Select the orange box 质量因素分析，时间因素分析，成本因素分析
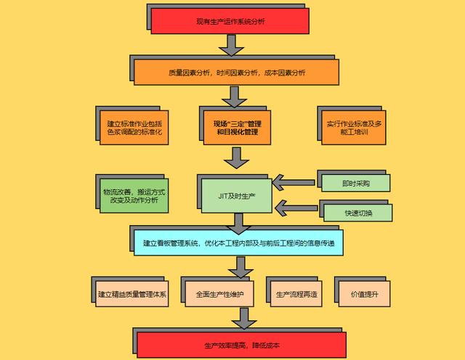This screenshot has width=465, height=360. [x=237, y=73]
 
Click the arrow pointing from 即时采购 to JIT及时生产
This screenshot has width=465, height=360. [x=291, y=181]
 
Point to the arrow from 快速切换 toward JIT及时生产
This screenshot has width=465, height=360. [x=291, y=210]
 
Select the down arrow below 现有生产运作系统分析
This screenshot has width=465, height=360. [x=231, y=45]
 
